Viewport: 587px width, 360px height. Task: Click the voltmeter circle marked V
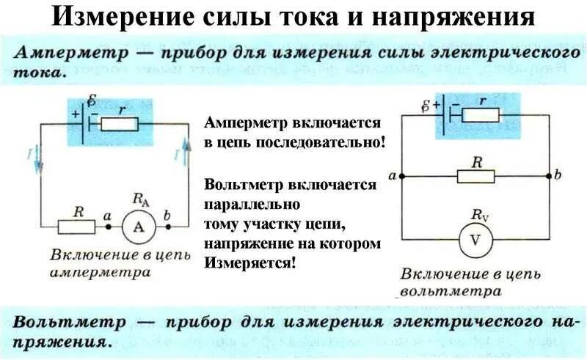(x=477, y=240)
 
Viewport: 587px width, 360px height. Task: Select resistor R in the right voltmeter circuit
(x=475, y=177)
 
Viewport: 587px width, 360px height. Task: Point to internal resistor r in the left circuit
(x=120, y=123)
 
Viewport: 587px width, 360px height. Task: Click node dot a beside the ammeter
(x=107, y=227)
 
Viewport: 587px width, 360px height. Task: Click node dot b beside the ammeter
(x=168, y=227)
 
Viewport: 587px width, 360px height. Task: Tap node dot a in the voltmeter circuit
(x=401, y=177)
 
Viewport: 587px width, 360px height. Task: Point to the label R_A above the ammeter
(x=139, y=198)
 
